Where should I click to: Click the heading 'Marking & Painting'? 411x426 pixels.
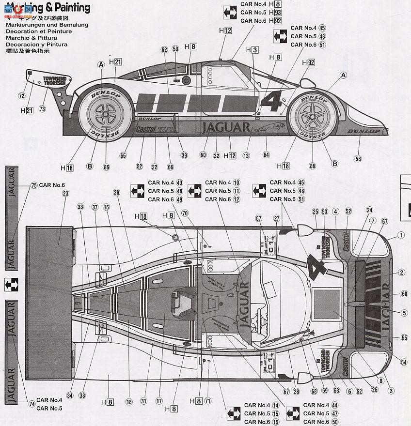pos(48,7)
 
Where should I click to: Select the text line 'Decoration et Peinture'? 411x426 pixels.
pos(39,31)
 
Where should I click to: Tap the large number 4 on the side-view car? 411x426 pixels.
pos(272,102)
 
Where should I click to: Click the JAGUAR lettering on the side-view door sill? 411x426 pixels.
pos(226,128)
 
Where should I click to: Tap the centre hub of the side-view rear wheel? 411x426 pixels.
pos(106,115)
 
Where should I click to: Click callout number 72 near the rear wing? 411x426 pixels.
pos(21,96)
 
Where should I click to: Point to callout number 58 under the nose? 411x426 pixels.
pos(358,159)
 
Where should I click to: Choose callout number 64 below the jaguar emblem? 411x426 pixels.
pos(266,155)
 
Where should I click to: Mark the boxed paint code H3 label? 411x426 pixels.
pos(252,50)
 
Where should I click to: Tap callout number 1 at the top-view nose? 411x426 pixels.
pos(401,236)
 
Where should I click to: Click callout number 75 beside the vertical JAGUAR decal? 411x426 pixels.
pos(33,185)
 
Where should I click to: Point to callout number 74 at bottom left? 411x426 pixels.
pos(32,404)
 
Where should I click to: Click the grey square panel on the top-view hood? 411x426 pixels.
pos(326,302)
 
